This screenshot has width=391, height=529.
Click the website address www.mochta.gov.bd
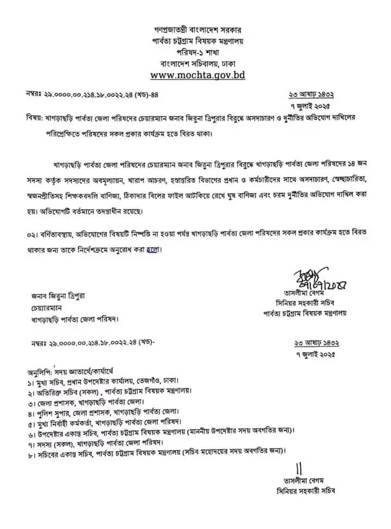[x=197, y=74]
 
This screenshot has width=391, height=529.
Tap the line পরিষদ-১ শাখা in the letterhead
[x=197, y=50]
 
